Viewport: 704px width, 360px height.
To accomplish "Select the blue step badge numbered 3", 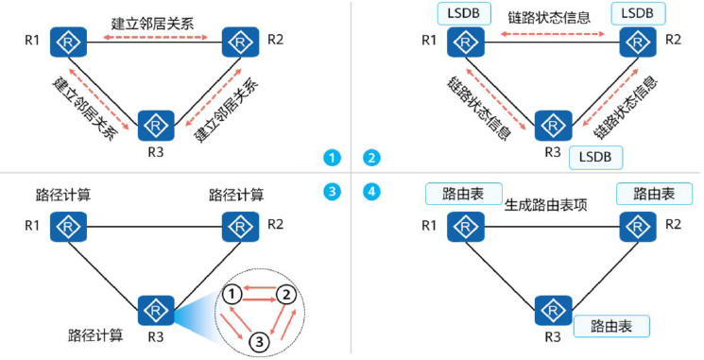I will pos(331,192).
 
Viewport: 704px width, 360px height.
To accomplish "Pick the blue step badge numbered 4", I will pos(372,192).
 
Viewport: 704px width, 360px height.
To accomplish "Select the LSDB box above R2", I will pos(639,13).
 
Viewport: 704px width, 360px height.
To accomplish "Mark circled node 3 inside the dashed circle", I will pos(258,340).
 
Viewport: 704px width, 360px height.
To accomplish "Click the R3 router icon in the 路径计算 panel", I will pos(154,310).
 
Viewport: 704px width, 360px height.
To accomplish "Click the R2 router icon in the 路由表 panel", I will pos(635,227).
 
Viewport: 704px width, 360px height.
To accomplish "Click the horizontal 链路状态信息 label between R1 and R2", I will pos(548,18).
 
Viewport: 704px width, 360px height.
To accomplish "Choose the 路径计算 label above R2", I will pos(236,195).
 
